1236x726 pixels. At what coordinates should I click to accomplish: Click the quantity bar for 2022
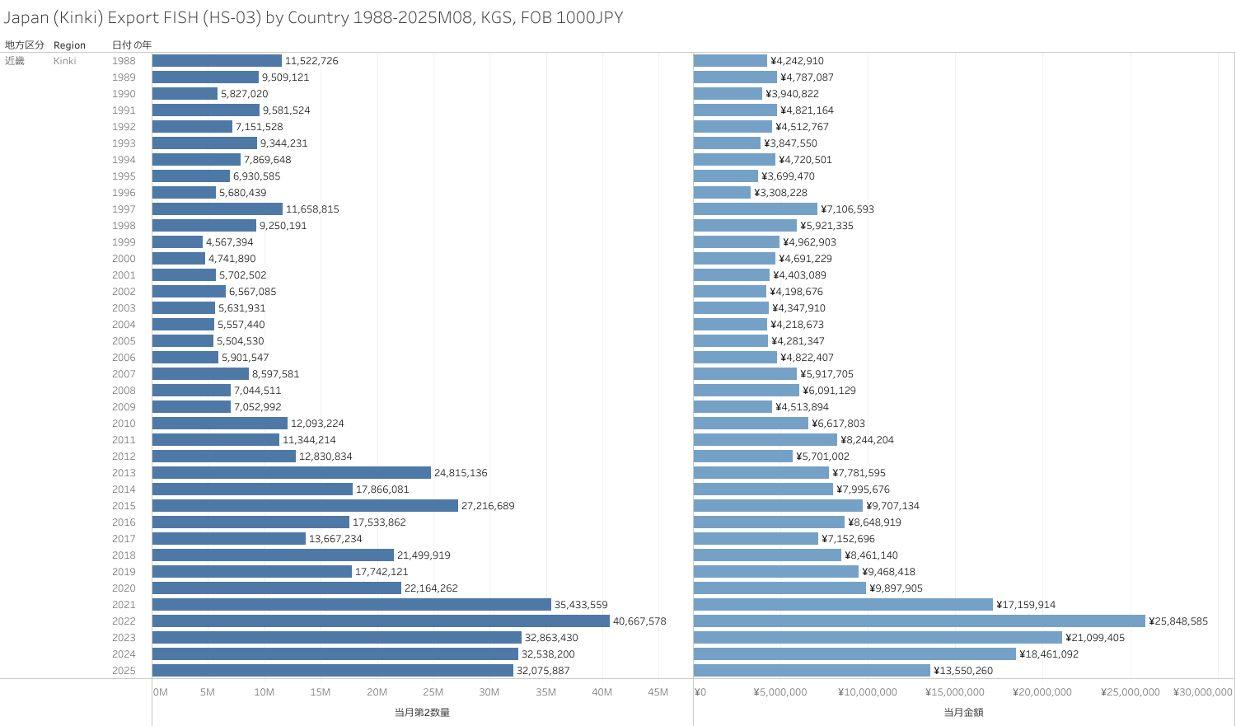381,621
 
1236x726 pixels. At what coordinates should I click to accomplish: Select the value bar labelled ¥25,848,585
919,621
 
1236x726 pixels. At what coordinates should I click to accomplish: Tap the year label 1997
124,209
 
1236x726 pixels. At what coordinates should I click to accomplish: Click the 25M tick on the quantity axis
433,692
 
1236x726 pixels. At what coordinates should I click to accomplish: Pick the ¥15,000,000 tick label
954,692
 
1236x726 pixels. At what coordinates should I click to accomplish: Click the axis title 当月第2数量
422,712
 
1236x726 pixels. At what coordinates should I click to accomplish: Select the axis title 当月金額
963,712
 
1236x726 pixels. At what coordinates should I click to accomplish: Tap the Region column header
69,45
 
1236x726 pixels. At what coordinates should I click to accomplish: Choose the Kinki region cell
64,61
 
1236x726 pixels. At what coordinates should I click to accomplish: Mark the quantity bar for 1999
177,242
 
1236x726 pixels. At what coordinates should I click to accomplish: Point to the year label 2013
124,473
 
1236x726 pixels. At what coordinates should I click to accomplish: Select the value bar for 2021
843,605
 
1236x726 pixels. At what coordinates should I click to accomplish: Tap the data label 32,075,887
543,671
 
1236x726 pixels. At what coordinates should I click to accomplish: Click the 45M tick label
658,692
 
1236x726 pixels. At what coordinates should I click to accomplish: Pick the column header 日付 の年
132,45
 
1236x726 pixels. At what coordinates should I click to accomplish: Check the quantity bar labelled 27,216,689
305,506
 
